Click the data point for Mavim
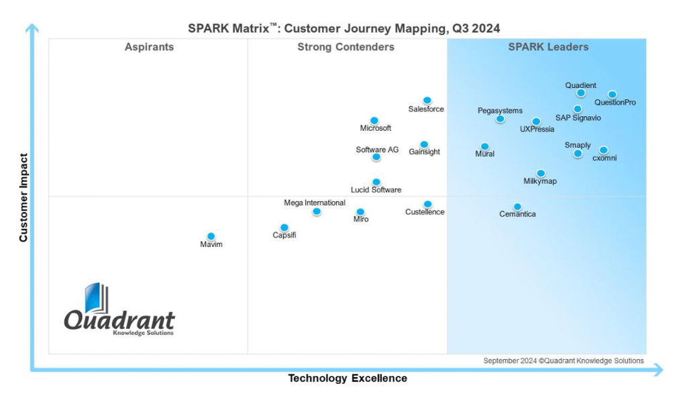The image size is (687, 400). click(211, 236)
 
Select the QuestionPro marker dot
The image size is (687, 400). click(612, 95)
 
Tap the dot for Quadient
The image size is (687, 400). click(580, 93)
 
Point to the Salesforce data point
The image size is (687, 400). click(427, 101)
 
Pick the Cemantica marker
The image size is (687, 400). click(517, 207)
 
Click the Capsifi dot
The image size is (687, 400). click(284, 228)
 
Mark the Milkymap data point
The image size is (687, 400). click(541, 173)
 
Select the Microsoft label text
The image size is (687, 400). click(376, 128)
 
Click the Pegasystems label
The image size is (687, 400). click(500, 111)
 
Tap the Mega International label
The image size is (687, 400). click(315, 203)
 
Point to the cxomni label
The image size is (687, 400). click(604, 158)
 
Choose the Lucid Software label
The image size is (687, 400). click(376, 190)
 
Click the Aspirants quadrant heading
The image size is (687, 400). click(149, 47)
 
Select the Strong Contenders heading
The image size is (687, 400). click(346, 47)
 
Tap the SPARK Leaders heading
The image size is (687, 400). click(548, 47)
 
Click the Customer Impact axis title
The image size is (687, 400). click(23, 198)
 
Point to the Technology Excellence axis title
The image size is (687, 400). click(348, 379)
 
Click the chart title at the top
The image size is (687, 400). click(343, 28)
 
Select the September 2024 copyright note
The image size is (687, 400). click(564, 361)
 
